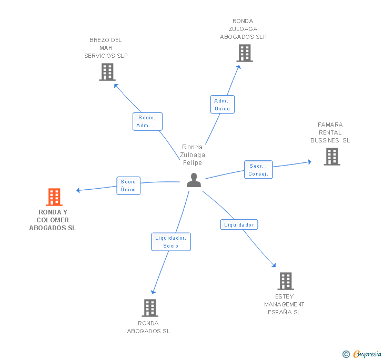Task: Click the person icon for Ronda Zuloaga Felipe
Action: coord(194,180)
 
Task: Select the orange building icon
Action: coord(54,197)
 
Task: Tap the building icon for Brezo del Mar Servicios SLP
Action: coord(107,72)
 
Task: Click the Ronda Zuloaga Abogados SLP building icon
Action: coord(244,53)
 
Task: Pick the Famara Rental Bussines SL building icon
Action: coord(331,157)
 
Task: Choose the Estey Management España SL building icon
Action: coord(285,281)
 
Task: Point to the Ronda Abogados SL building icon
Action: coord(149,308)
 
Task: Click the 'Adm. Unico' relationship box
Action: coord(222,104)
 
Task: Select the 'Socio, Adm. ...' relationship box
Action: coord(147,121)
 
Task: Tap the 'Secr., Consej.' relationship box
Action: coord(258,170)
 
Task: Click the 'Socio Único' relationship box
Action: coord(128,186)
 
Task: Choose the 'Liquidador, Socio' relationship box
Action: coord(170,242)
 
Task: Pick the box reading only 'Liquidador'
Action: coord(239,224)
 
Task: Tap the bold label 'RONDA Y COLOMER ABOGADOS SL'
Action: coord(53,220)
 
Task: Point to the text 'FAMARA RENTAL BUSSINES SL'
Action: coord(330,132)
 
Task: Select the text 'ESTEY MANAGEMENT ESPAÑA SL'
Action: coord(284,304)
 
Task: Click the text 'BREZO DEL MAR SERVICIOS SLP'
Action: coord(106,48)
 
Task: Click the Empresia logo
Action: coord(362,354)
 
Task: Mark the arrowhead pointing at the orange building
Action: coord(78,190)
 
